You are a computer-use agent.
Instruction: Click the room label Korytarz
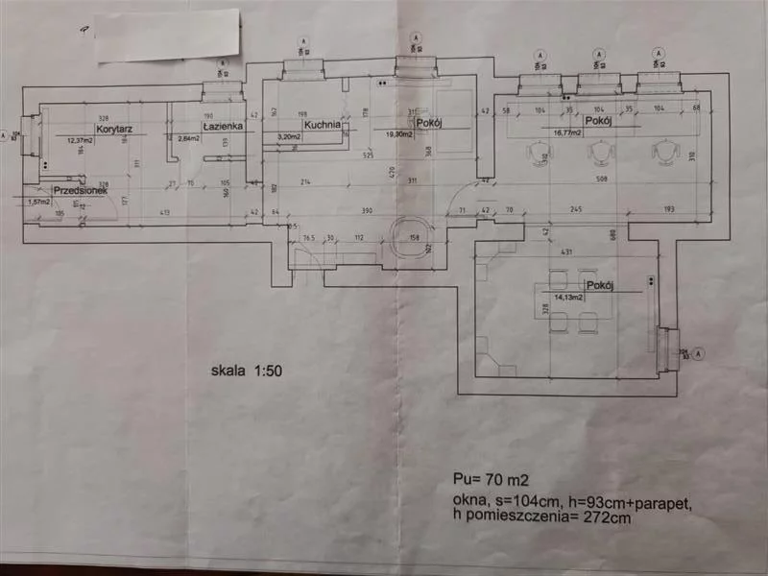click(x=112, y=128)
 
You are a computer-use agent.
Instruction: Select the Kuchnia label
click(x=319, y=125)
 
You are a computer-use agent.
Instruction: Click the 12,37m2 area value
click(x=82, y=140)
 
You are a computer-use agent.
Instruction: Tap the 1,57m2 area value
click(x=39, y=202)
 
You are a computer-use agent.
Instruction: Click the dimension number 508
click(x=602, y=179)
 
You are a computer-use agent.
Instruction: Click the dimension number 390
click(x=367, y=210)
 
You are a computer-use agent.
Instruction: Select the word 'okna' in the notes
click(x=470, y=501)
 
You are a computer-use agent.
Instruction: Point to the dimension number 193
click(x=668, y=210)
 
